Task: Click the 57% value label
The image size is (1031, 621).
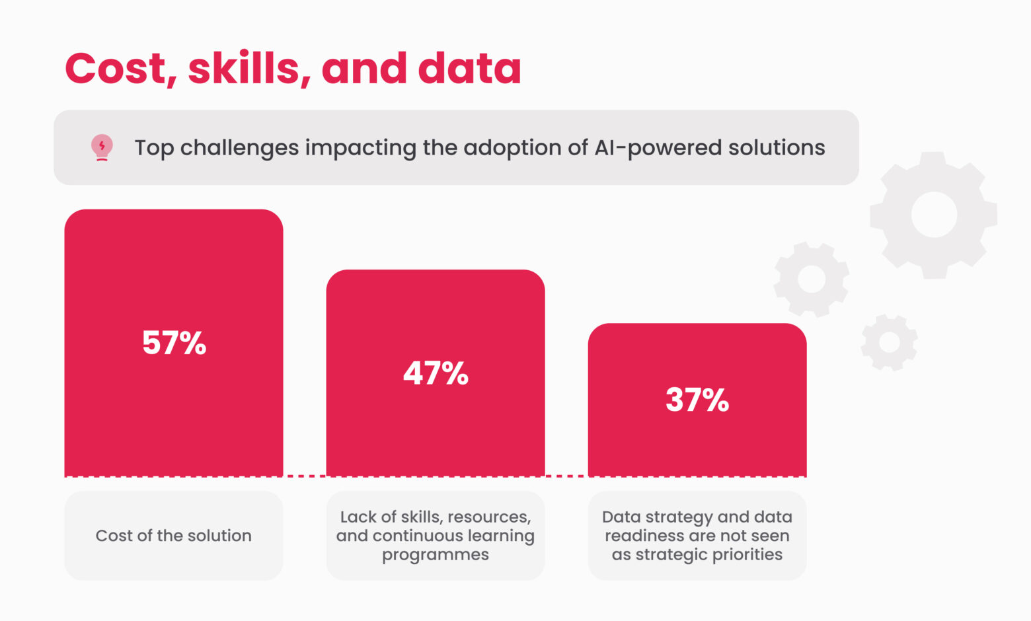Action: [x=174, y=343]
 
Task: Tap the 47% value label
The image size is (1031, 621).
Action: [x=436, y=373]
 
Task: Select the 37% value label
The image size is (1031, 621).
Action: [x=697, y=400]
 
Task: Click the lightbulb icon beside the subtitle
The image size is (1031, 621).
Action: [x=102, y=148]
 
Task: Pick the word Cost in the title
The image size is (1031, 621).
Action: [x=116, y=69]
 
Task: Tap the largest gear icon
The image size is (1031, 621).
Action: [x=933, y=215]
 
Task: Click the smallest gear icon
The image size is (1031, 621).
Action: [x=889, y=342]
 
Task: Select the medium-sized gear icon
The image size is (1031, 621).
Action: [x=811, y=279]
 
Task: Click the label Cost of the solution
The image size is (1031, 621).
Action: [x=174, y=536]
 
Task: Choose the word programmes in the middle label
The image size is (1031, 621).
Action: [x=436, y=555]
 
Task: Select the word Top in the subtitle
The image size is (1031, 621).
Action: [x=154, y=148]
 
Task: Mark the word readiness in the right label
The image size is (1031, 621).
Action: [x=645, y=536]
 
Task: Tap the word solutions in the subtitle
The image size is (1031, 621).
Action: [x=777, y=148]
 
